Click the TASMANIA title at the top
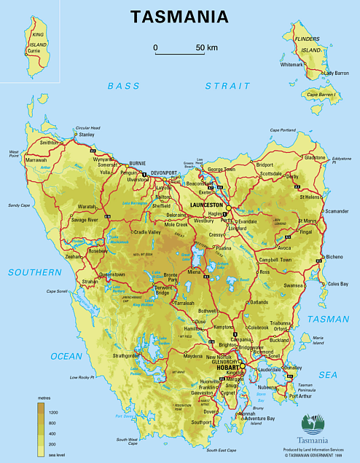[179, 17]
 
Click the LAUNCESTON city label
[206, 206]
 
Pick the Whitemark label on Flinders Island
[292, 65]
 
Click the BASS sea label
[123, 86]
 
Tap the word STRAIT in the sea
[227, 86]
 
